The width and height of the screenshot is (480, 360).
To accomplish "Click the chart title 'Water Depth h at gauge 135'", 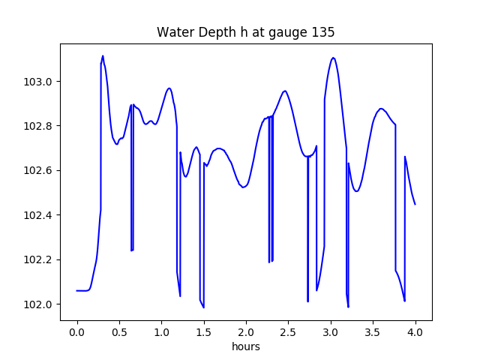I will click(245, 32).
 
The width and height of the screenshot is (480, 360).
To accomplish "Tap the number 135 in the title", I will click(324, 32).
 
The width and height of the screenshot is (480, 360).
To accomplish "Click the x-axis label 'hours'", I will click(245, 348).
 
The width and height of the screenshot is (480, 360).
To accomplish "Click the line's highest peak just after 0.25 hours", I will click(103, 55).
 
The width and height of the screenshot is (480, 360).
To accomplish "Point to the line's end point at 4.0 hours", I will click(415, 204).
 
